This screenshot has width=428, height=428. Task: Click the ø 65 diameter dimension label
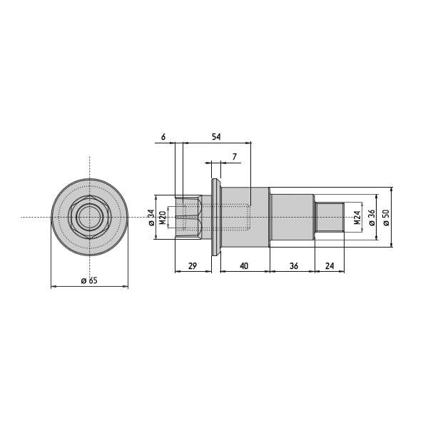[89, 281]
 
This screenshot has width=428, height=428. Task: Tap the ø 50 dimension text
[386, 218]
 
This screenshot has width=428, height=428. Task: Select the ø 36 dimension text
[371, 218]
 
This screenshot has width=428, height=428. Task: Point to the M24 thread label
[356, 218]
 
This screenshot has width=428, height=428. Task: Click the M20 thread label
[163, 218]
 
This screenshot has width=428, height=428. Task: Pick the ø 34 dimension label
[151, 218]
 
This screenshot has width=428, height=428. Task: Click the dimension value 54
[215, 136]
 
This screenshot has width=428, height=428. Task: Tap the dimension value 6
[163, 136]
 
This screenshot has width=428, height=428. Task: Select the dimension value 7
[234, 156]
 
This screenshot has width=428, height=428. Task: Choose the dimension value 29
[193, 265]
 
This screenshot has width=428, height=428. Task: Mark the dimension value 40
[244, 265]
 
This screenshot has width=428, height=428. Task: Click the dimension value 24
[330, 265]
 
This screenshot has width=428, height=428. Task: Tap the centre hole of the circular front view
[89, 216]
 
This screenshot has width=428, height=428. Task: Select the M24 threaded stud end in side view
[330, 217]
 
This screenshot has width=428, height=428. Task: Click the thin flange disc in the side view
[213, 217]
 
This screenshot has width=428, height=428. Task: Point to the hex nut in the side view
[190, 217]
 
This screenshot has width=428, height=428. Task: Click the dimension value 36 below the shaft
[292, 265]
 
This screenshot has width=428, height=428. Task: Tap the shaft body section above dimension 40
[244, 217]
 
